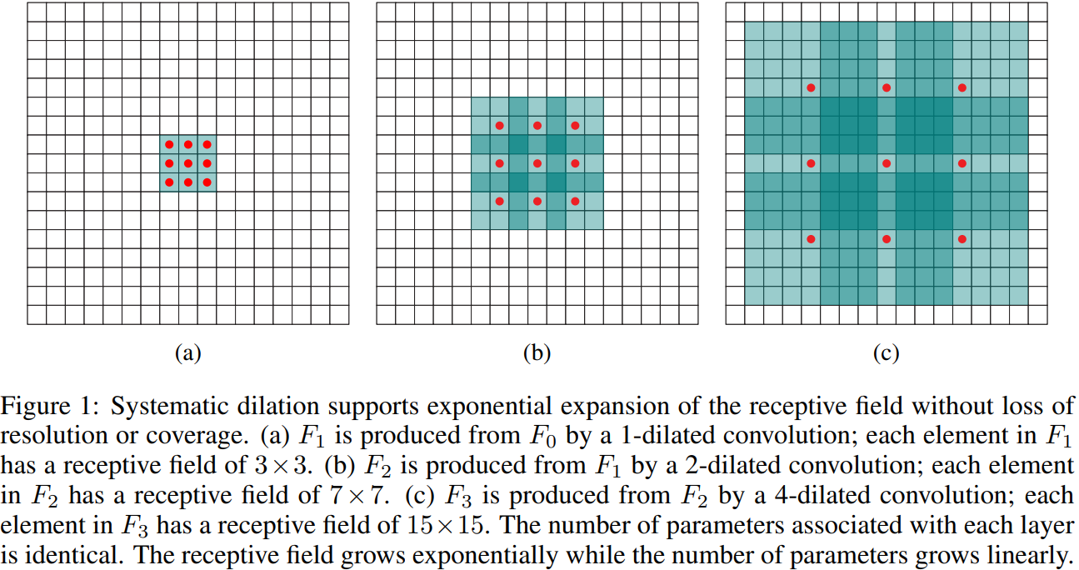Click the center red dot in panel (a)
[188, 163]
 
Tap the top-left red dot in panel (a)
[169, 145]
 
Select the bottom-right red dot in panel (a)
[207, 182]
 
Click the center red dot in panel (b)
[537, 163]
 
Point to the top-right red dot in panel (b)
[575, 126]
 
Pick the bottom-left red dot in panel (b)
[500, 201]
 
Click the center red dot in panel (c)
[887, 163]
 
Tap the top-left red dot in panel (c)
[811, 87]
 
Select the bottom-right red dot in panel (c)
[962, 239]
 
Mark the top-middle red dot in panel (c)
[887, 87]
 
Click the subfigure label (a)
[187, 352]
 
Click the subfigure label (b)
[537, 352]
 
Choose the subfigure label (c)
[886, 352]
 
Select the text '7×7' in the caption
[355, 497]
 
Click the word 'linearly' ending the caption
[1033, 555]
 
